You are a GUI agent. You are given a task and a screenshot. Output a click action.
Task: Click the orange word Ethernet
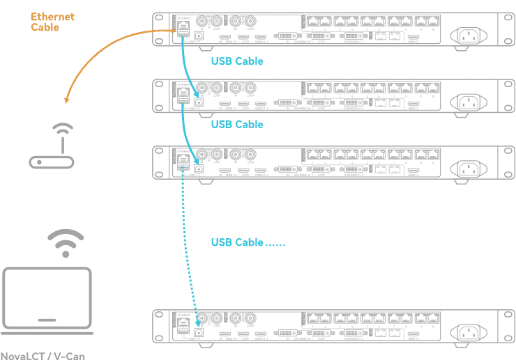(53, 17)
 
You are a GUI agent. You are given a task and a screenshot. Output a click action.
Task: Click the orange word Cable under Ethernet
(45, 28)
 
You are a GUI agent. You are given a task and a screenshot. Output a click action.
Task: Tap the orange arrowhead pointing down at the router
(66, 101)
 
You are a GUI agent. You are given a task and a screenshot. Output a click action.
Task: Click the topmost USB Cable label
(237, 61)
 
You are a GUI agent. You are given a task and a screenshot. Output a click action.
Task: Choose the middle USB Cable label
(237, 125)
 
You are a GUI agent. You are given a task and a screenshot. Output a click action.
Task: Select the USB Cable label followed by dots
(248, 242)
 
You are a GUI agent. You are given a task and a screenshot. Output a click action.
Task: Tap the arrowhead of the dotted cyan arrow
(198, 322)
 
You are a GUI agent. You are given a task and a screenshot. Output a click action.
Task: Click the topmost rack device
(335, 29)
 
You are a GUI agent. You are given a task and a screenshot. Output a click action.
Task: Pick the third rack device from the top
(335, 162)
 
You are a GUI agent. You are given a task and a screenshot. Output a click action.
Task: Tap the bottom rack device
(335, 327)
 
